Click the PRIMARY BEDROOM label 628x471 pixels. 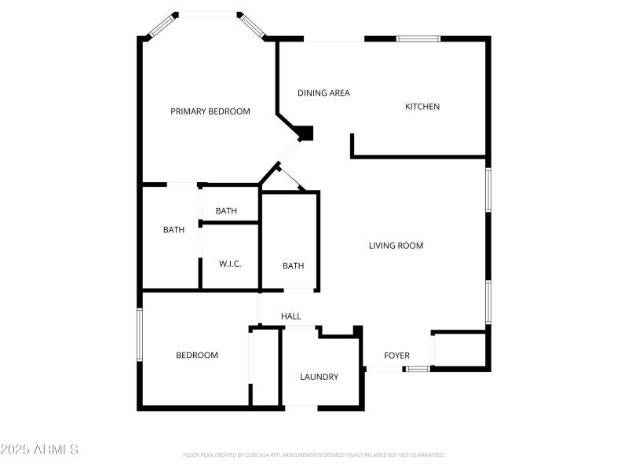[210, 111]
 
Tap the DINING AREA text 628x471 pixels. [323, 93]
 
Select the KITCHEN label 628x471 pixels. [422, 107]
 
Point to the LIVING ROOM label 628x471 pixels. [396, 246]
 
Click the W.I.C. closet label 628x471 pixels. [230, 264]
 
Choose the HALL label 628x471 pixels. [291, 316]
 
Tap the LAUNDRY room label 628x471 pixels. [319, 377]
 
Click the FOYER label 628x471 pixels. [396, 356]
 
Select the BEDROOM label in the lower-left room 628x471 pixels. [196, 355]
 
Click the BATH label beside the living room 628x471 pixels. [294, 266]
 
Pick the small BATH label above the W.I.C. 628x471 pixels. [226, 210]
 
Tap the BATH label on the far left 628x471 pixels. [173, 230]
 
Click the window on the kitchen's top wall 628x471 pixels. [418, 38]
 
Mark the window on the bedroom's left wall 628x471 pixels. [140, 334]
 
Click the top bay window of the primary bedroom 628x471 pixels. [207, 13]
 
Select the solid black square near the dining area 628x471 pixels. [305, 133]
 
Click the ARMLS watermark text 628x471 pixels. [39, 450]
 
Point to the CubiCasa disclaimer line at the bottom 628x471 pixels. [313, 455]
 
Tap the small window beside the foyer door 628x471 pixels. [418, 368]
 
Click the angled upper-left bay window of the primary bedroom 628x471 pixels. [160, 25]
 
